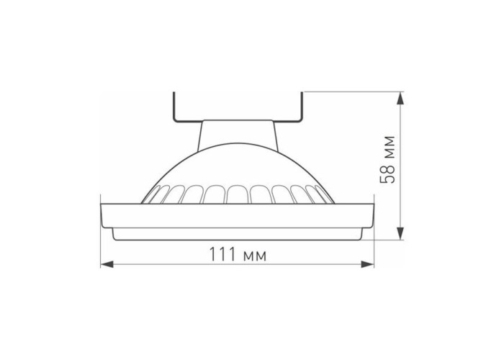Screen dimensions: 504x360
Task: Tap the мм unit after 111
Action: click(x=255, y=256)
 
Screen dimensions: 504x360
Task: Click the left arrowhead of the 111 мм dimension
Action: click(x=107, y=264)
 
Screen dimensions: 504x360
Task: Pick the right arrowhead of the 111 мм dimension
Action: click(x=368, y=264)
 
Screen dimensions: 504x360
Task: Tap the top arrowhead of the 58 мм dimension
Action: click(x=400, y=99)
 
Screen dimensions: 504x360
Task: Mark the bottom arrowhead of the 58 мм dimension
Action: click(x=400, y=233)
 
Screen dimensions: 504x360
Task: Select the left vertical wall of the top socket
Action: click(x=174, y=107)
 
